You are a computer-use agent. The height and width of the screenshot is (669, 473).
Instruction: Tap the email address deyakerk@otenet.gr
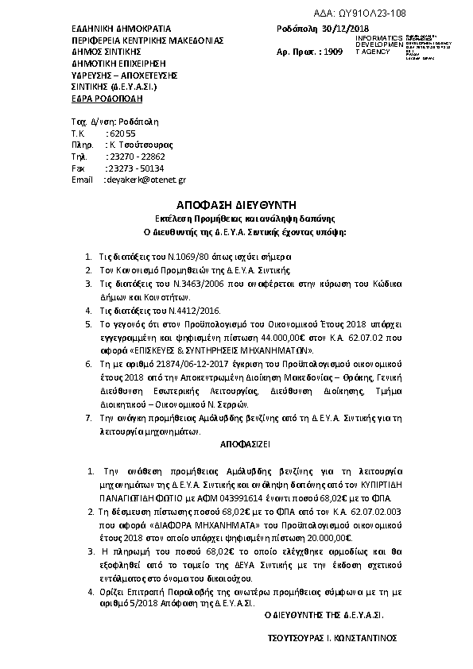145,180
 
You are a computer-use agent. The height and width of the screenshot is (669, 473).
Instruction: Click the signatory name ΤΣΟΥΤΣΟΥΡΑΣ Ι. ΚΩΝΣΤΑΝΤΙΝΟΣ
333,638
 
